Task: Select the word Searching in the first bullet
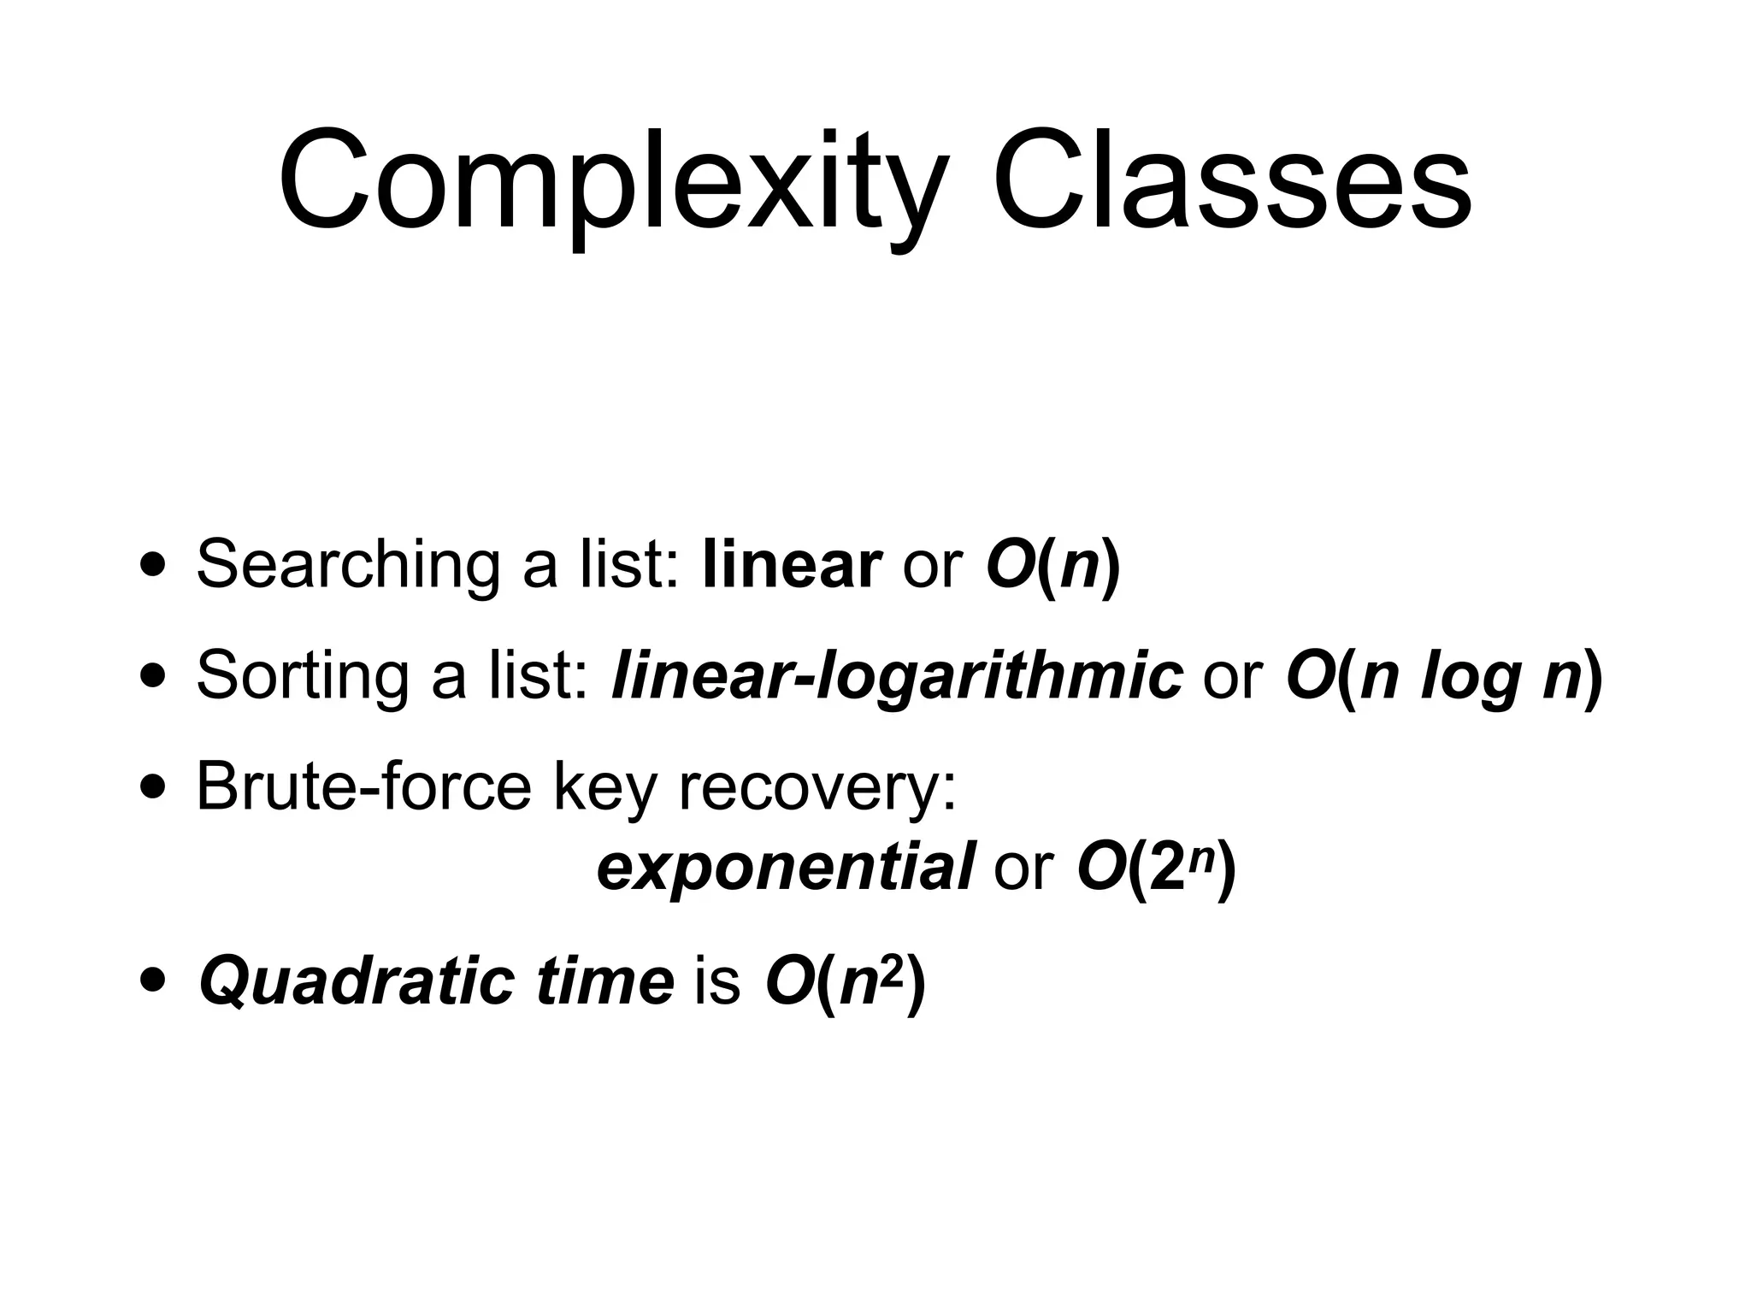[347, 566]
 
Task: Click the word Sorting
[302, 675]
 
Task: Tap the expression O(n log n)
[1444, 675]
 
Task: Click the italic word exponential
[786, 868]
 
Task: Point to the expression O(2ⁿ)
[1157, 868]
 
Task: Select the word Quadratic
[356, 981]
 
